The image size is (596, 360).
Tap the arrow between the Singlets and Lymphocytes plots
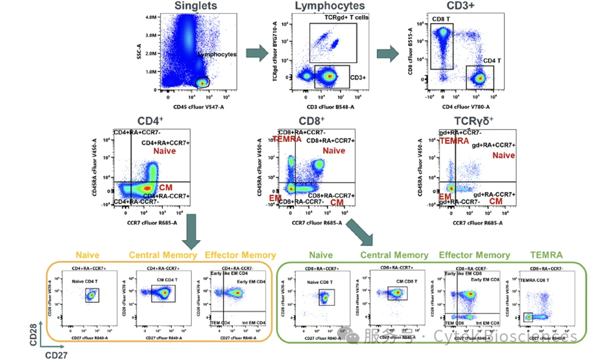click(x=256, y=53)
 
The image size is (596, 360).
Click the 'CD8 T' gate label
click(x=441, y=20)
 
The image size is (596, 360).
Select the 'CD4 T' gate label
click(x=491, y=60)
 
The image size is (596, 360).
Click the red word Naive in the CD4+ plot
click(x=165, y=151)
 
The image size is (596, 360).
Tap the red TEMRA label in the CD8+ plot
click(x=287, y=139)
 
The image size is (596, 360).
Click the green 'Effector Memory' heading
click(x=474, y=255)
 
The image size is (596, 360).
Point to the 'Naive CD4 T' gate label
click(x=84, y=282)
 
